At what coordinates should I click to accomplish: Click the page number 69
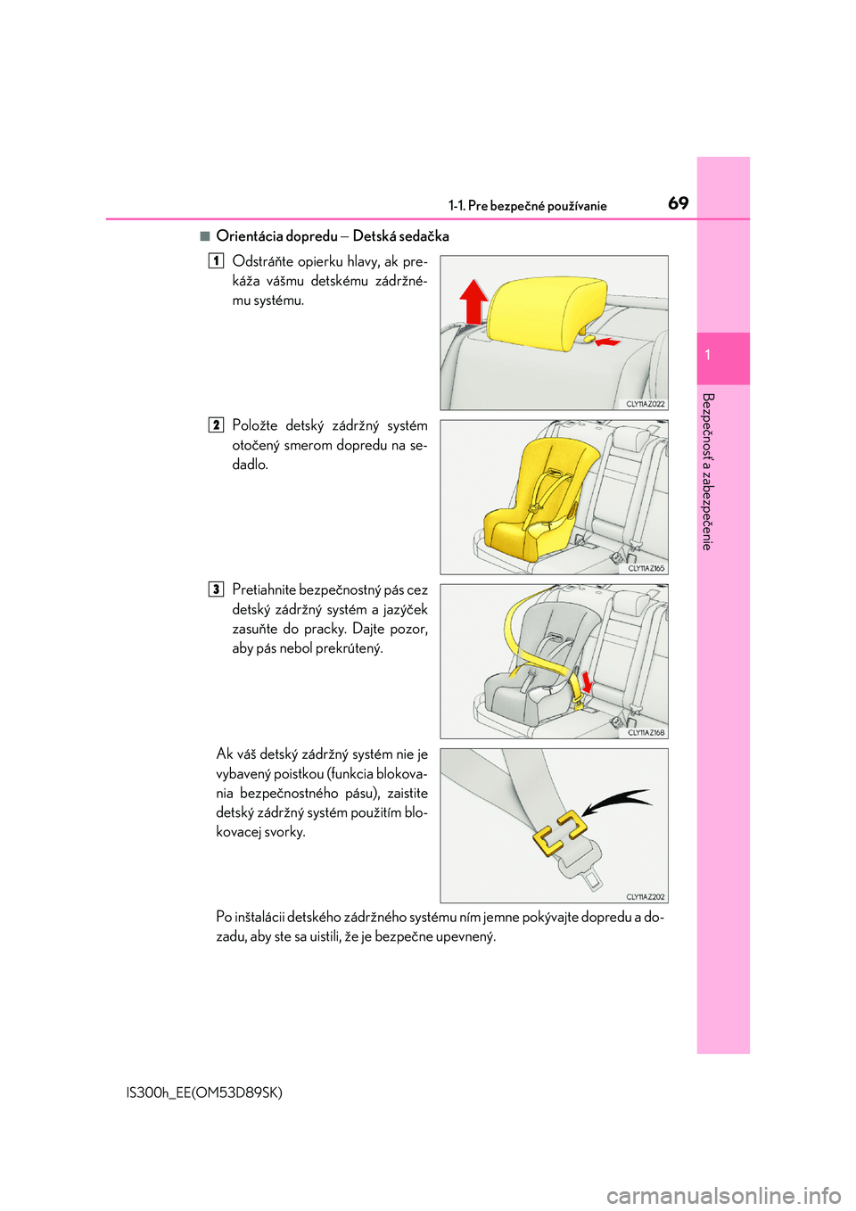pyautogui.click(x=678, y=203)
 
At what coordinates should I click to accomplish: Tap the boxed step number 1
pyautogui.click(x=216, y=261)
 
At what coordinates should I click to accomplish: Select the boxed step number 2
pyautogui.click(x=216, y=425)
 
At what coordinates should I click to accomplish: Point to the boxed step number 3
pyautogui.click(x=216, y=589)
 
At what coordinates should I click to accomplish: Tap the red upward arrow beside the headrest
pyautogui.click(x=473, y=301)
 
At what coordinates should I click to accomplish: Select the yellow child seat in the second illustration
pyautogui.click(x=535, y=499)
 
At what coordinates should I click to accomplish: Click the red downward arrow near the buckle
pyautogui.click(x=586, y=682)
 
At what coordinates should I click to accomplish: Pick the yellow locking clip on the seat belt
pyautogui.click(x=560, y=833)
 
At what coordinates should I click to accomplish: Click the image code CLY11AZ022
pyautogui.click(x=645, y=404)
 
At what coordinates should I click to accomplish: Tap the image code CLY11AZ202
pyautogui.click(x=645, y=897)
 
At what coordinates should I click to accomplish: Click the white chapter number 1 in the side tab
pyautogui.click(x=707, y=355)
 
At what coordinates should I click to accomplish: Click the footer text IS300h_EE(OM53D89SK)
pyautogui.click(x=204, y=1092)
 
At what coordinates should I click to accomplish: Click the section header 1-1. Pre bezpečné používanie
pyautogui.click(x=527, y=206)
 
